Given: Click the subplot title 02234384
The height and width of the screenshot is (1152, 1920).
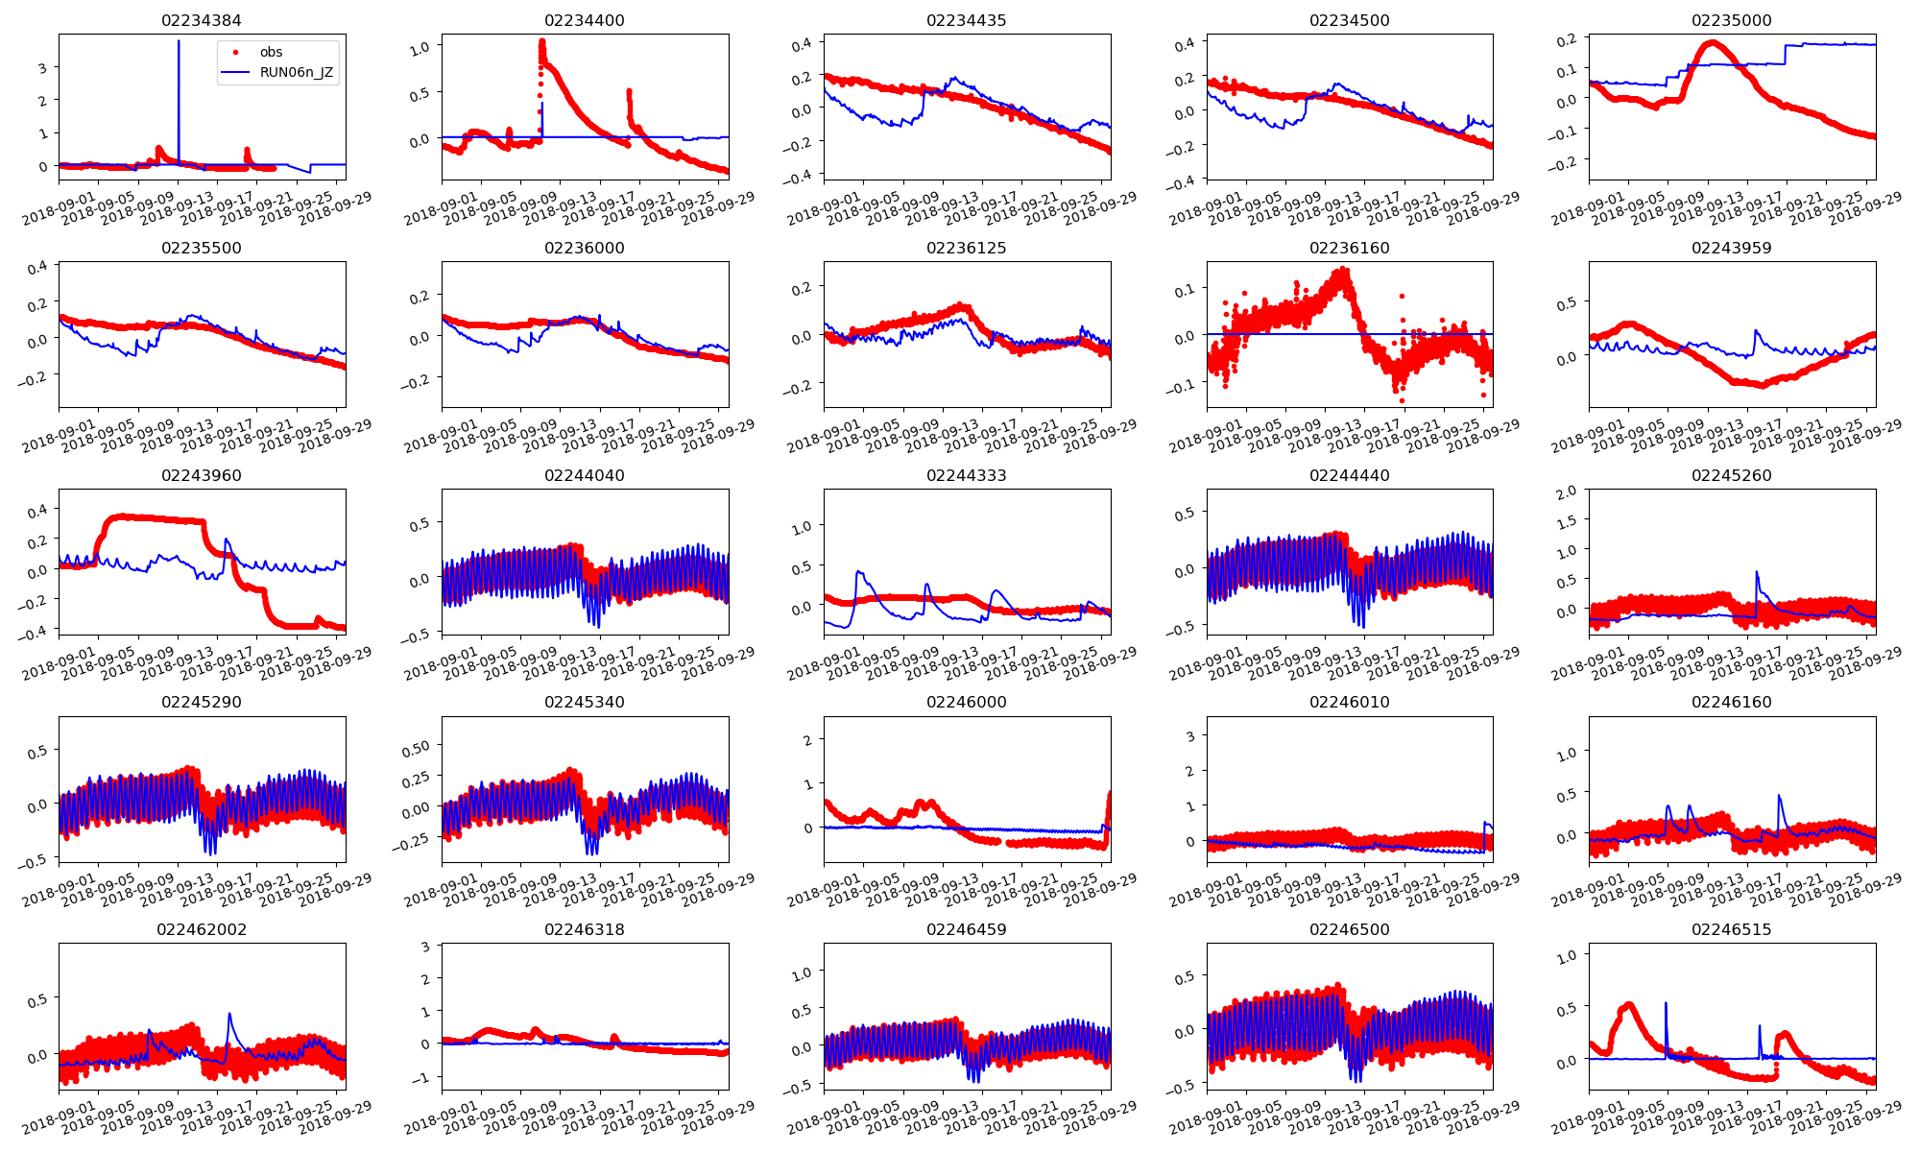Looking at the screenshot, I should click(202, 20).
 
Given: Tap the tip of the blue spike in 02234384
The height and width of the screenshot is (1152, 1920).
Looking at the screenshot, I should click(179, 41).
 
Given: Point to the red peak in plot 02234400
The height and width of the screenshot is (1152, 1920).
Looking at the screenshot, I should click(541, 41).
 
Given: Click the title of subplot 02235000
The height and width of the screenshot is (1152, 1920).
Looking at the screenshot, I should click(1731, 20).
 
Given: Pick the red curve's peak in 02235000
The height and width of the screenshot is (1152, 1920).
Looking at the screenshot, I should click(1712, 43).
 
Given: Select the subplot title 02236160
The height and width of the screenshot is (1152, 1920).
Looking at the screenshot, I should click(1349, 248).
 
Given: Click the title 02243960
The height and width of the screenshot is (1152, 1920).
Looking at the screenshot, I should click(202, 475).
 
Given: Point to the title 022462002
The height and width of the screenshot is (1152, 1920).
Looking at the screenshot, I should click(202, 929).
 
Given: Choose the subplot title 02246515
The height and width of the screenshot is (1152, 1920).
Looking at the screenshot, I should click(1731, 929).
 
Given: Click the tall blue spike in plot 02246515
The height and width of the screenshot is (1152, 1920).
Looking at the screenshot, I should click(1666, 1003).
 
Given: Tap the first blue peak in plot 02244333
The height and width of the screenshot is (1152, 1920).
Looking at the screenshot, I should click(859, 572).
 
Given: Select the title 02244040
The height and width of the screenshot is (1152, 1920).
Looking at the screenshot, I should click(584, 475).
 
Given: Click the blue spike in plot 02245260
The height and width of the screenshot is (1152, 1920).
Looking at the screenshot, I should click(1757, 573).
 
